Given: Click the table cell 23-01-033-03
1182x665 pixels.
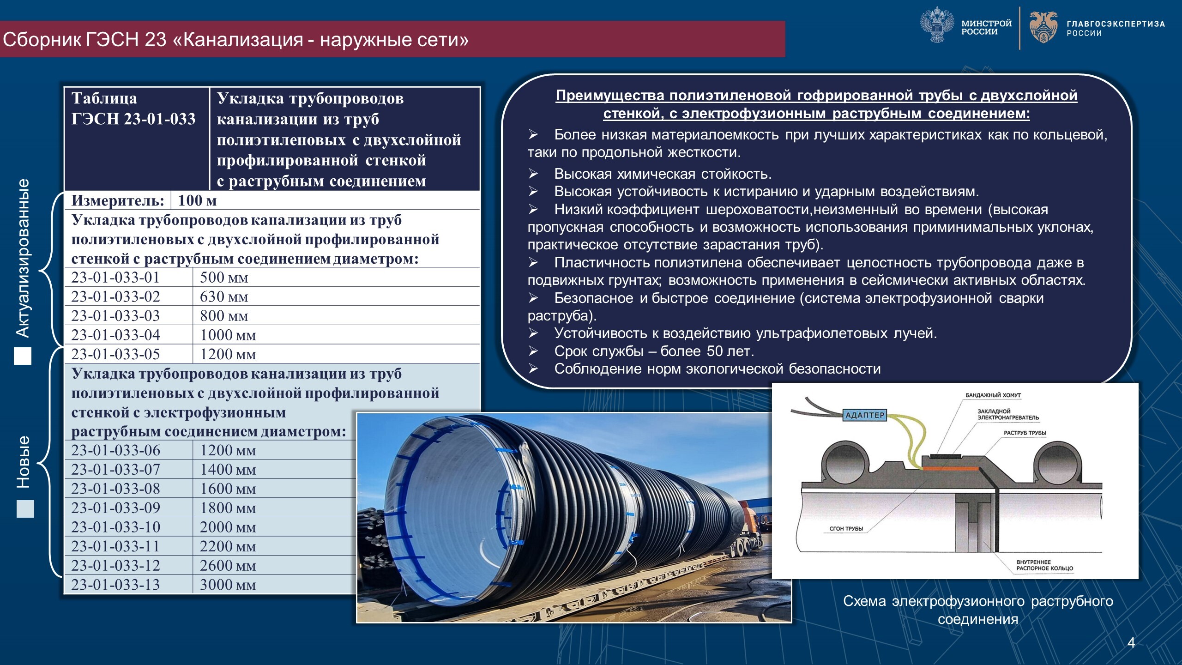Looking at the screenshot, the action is pyautogui.click(x=115, y=316).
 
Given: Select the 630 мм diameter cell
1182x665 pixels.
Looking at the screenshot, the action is pyautogui.click(x=224, y=296).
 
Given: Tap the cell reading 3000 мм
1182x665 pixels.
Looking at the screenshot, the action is pyautogui.click(x=228, y=585).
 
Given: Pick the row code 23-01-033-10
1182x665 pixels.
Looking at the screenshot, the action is pyautogui.click(x=115, y=527).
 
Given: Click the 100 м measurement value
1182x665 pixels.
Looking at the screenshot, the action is pyautogui.click(x=197, y=200).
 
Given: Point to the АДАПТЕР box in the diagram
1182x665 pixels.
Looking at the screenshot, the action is pyautogui.click(x=864, y=415).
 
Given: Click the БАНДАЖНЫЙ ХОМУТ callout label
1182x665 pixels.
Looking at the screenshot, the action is pyautogui.click(x=993, y=395).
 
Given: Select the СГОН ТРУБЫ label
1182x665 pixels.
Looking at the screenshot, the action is pyautogui.click(x=846, y=529).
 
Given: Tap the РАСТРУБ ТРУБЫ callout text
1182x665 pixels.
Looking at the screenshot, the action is pyautogui.click(x=1025, y=433).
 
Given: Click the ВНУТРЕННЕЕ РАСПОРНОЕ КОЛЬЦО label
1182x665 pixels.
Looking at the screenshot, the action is pyautogui.click(x=1044, y=565).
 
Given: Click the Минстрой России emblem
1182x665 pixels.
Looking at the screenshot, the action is pyautogui.click(x=937, y=26).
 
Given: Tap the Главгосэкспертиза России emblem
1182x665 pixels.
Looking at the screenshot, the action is pyautogui.click(x=1043, y=27).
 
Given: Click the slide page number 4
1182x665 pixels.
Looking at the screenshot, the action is pyautogui.click(x=1131, y=642).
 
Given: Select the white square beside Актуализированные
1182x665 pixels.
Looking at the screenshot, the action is pyautogui.click(x=23, y=356).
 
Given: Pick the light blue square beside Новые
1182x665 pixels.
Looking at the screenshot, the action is pyautogui.click(x=25, y=509).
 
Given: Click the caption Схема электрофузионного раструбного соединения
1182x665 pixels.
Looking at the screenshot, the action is pyautogui.click(x=978, y=610).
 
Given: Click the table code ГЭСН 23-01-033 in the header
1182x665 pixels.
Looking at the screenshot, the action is pyautogui.click(x=133, y=119).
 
